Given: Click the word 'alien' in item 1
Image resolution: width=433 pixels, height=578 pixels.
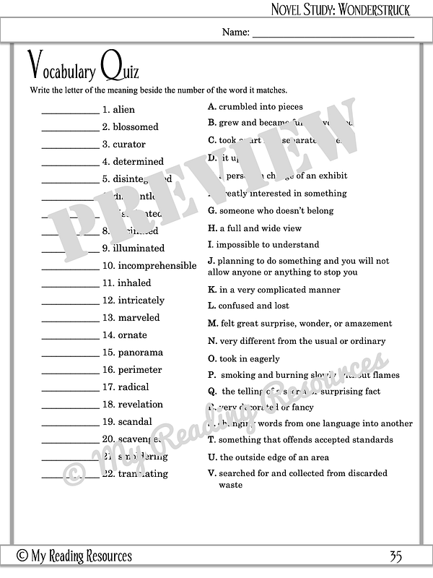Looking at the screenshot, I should (x=125, y=110).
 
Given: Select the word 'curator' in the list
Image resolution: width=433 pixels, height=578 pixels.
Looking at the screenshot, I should (x=129, y=144).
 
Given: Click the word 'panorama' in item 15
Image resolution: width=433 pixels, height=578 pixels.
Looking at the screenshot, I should (x=141, y=353).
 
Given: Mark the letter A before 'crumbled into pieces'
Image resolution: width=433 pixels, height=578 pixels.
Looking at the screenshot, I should (x=211, y=107).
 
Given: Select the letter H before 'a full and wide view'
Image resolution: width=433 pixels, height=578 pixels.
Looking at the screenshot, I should (x=211, y=228).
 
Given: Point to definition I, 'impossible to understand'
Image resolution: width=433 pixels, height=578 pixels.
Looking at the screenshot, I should (x=267, y=245).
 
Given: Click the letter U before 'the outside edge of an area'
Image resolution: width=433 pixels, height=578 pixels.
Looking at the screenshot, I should (x=212, y=457).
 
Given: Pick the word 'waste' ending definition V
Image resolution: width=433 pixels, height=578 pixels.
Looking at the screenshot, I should (x=231, y=486).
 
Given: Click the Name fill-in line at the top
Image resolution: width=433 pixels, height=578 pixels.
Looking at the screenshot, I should (x=333, y=34).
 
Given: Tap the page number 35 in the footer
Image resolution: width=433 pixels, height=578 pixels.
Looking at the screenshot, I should (x=395, y=556).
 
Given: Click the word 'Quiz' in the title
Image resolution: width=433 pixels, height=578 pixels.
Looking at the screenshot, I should (x=120, y=69).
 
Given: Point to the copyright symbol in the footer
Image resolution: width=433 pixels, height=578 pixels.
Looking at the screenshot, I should (x=22, y=556).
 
